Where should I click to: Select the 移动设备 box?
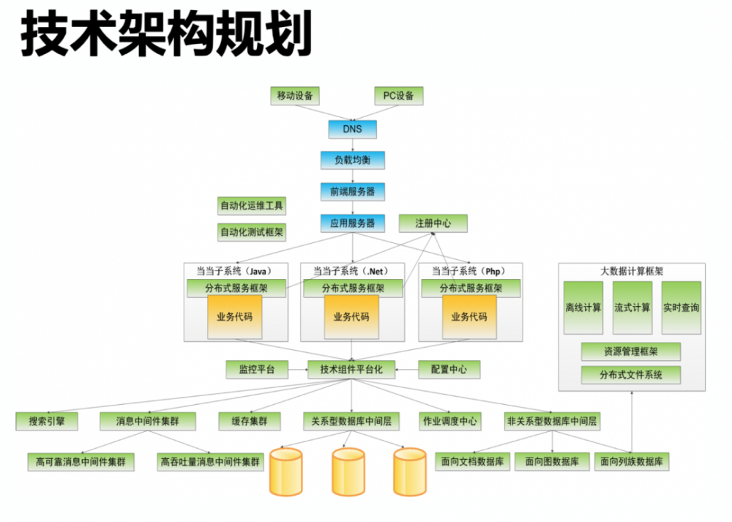point(294,96)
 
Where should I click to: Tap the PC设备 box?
point(398,96)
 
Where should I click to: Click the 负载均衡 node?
point(352,160)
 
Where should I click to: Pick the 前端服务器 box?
point(352,192)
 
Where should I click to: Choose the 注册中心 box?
point(433,223)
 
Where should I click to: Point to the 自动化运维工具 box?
point(253,205)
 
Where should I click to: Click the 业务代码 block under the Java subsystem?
point(234,317)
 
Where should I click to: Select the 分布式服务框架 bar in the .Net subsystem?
point(351,288)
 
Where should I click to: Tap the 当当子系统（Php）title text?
point(468,271)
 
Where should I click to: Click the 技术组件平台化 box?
point(351,370)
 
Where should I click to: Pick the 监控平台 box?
point(252,370)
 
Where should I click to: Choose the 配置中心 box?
point(449,370)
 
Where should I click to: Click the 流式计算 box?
point(632,307)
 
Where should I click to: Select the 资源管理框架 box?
point(630,352)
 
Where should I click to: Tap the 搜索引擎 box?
point(47,422)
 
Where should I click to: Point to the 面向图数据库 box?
point(552,462)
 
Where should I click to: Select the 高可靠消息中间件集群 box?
point(81,462)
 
